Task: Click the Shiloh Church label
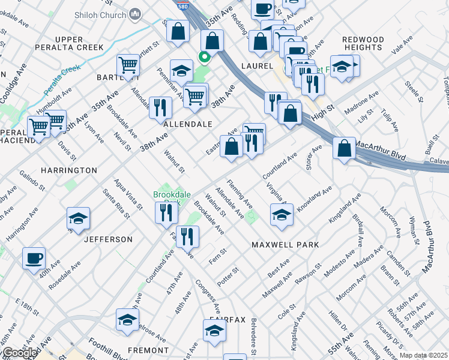(102, 13)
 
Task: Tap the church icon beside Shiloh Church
(136, 13)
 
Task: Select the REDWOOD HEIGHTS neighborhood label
(363, 43)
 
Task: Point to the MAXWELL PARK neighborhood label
(285, 245)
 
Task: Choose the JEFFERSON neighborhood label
(108, 239)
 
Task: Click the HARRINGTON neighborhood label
(69, 170)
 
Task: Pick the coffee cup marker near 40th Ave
(34, 259)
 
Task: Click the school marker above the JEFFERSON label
(78, 219)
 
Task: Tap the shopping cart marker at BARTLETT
(128, 65)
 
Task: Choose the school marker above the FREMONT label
(127, 320)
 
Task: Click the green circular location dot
(204, 58)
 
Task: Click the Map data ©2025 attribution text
(424, 355)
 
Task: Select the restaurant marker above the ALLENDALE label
(160, 107)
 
